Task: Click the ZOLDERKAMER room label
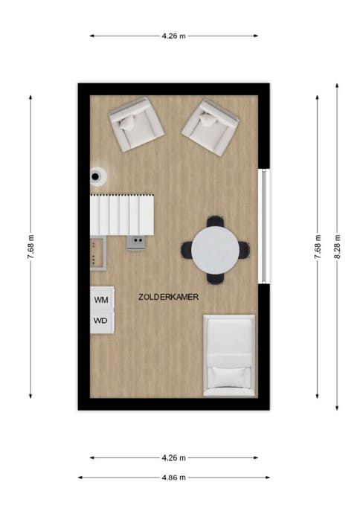coord(168,296)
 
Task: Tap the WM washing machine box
coord(102,299)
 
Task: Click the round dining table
coord(215,249)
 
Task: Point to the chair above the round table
coord(215,222)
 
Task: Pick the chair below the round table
coord(215,277)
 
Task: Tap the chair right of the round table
coord(244,250)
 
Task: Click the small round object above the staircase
coord(97,176)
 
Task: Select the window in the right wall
coord(261,225)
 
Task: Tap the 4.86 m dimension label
coord(174,478)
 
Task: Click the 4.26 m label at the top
coord(174,35)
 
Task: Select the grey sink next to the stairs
coord(135,242)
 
